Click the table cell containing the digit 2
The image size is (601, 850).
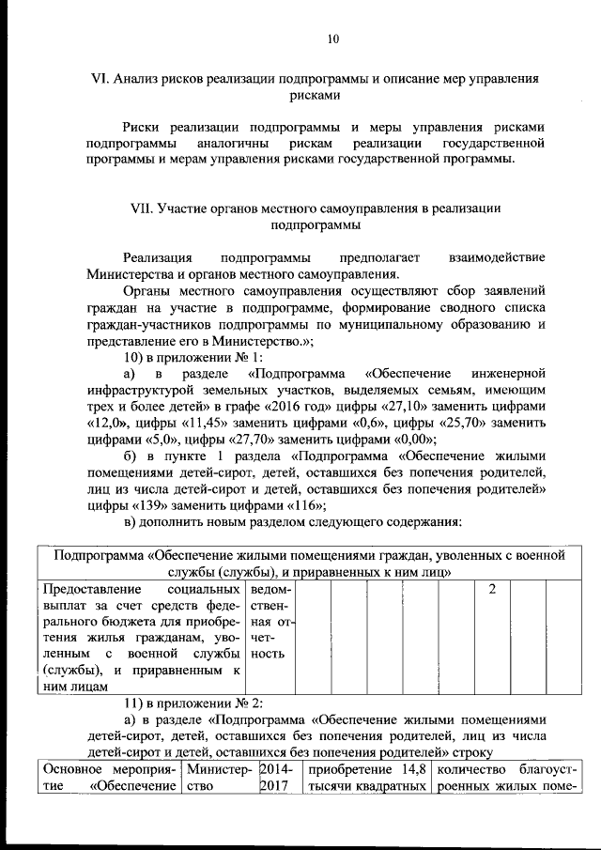tap(492, 588)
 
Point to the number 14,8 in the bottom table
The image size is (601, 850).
tap(410, 769)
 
